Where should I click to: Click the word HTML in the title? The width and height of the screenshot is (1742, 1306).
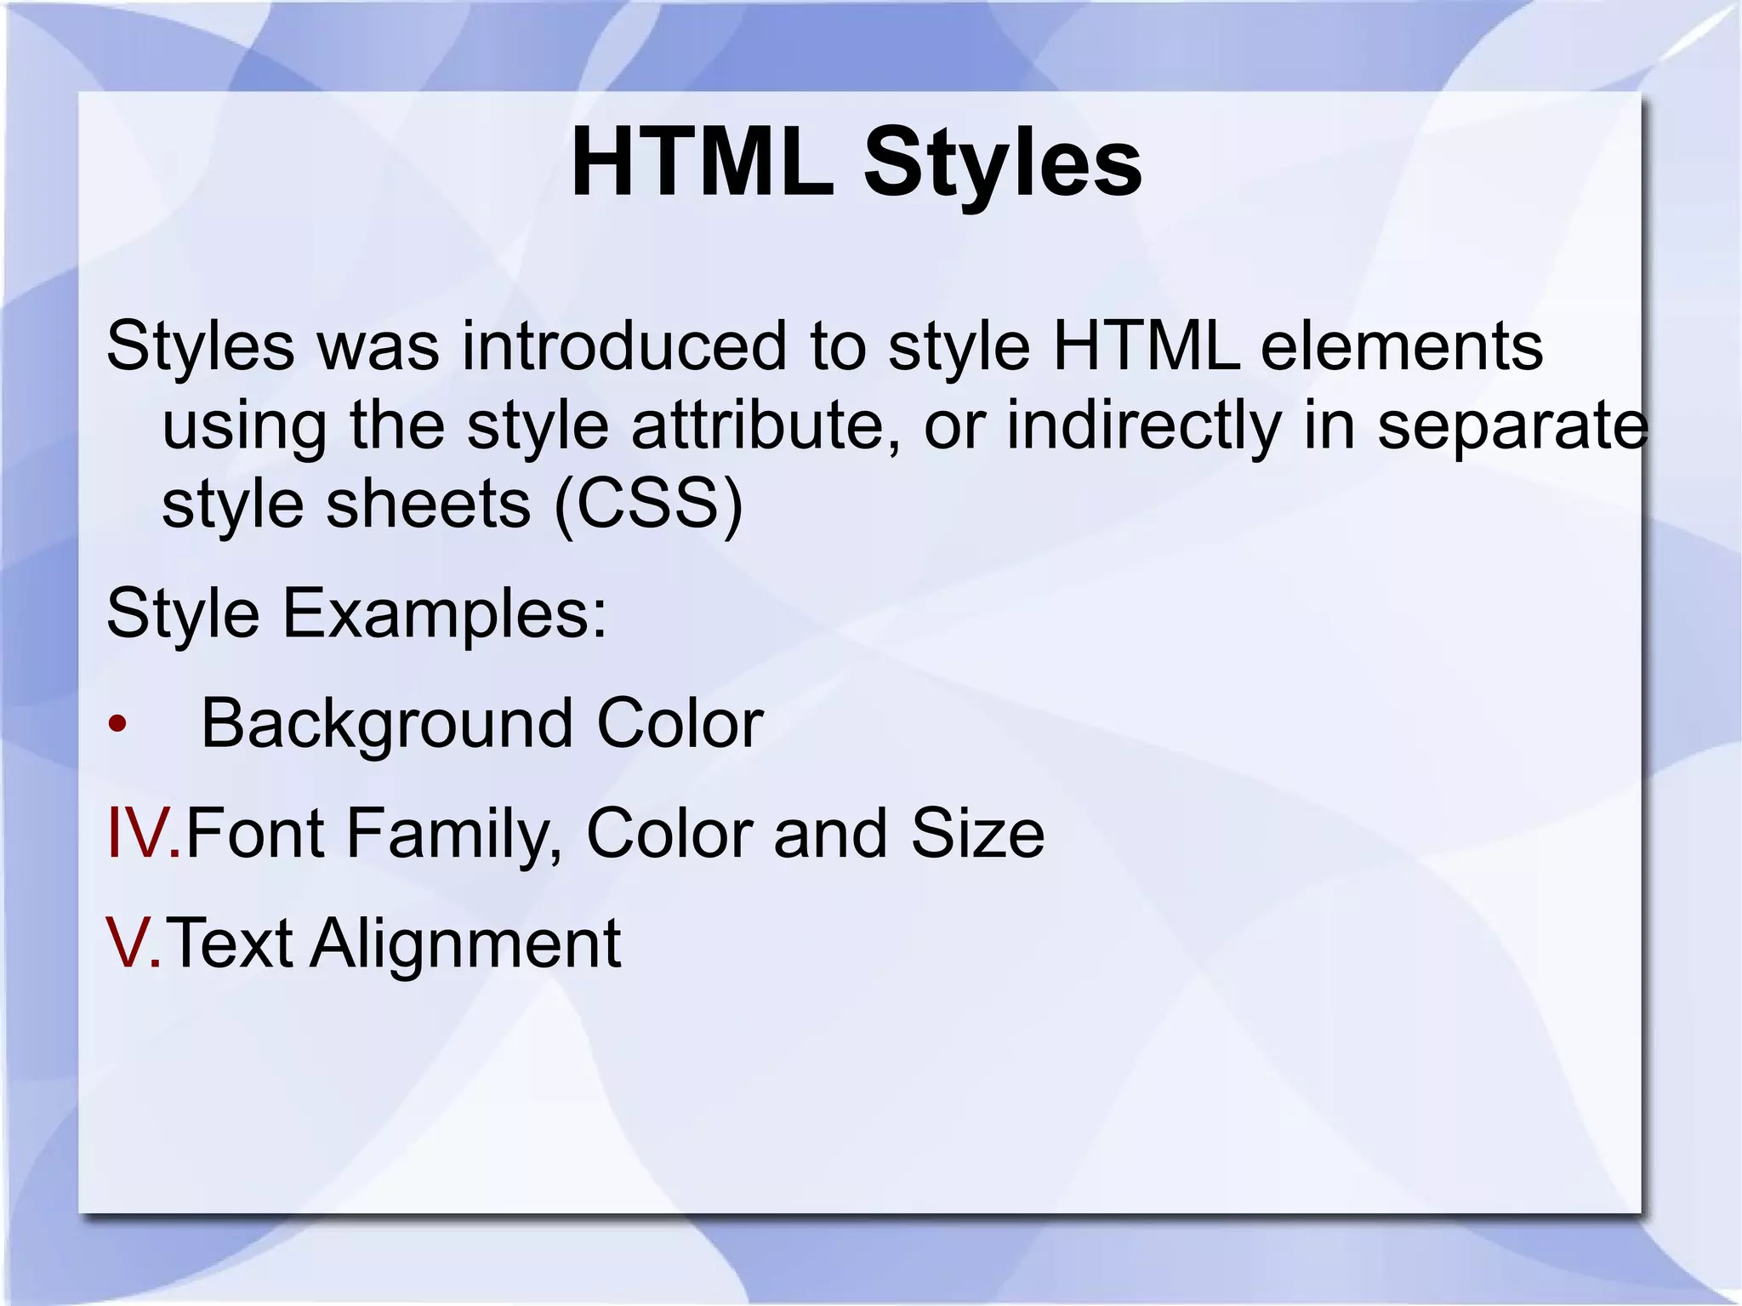click(x=702, y=162)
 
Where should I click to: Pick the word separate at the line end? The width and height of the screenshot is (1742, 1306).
click(x=1512, y=426)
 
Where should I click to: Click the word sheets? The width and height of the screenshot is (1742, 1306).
click(x=429, y=504)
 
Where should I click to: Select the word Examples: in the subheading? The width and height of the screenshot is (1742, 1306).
click(x=444, y=613)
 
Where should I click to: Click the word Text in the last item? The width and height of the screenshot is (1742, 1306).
click(x=230, y=943)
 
